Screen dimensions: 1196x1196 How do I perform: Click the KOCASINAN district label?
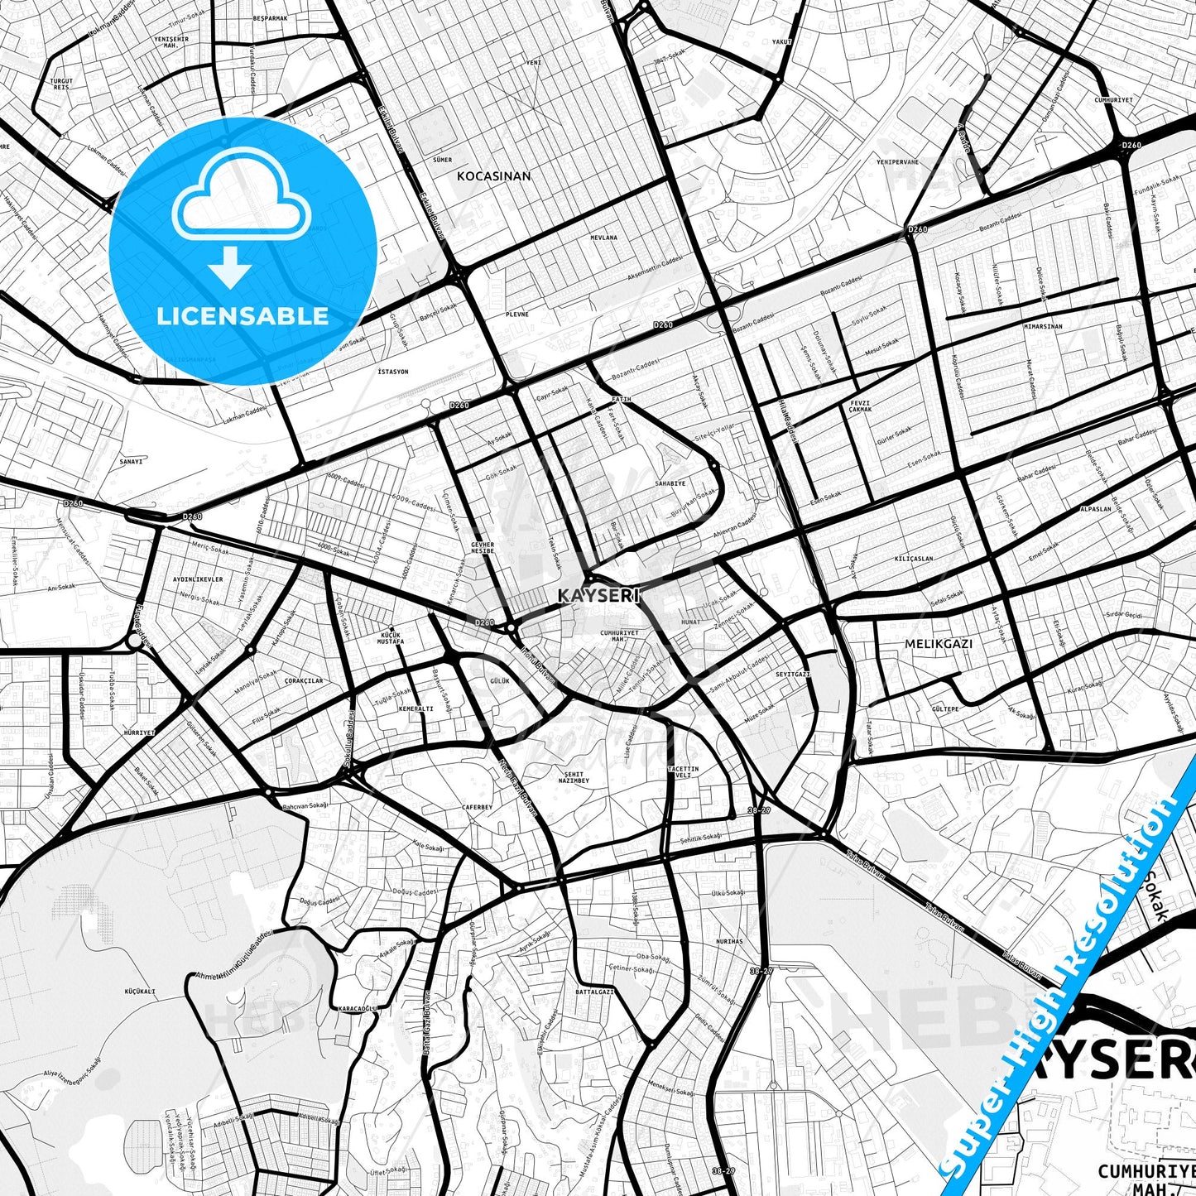pyautogui.click(x=494, y=176)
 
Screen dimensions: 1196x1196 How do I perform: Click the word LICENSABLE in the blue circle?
pyautogui.click(x=243, y=316)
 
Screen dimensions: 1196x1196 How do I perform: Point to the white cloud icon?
pyautogui.click(x=241, y=197)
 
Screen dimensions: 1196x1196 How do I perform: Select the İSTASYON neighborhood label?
pyautogui.click(x=392, y=372)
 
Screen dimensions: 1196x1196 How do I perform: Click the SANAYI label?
pyautogui.click(x=132, y=461)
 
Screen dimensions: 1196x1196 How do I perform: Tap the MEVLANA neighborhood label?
pyautogui.click(x=603, y=238)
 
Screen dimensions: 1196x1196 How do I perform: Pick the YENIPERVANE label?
pyautogui.click(x=898, y=162)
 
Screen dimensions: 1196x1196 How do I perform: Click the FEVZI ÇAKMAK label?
pyautogui.click(x=861, y=406)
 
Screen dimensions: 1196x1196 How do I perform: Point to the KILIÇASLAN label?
pyautogui.click(x=914, y=559)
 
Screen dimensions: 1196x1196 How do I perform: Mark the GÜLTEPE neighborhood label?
pyautogui.click(x=945, y=709)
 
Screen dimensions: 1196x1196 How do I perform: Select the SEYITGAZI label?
pyautogui.click(x=792, y=675)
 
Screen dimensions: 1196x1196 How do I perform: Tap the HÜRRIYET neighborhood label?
pyautogui.click(x=139, y=732)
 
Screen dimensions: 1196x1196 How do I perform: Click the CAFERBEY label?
pyautogui.click(x=477, y=807)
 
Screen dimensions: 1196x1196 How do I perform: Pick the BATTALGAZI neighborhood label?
pyautogui.click(x=595, y=991)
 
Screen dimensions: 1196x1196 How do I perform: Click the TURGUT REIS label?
pyautogui.click(x=61, y=84)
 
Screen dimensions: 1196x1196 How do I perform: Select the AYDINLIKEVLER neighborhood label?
pyautogui.click(x=198, y=579)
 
